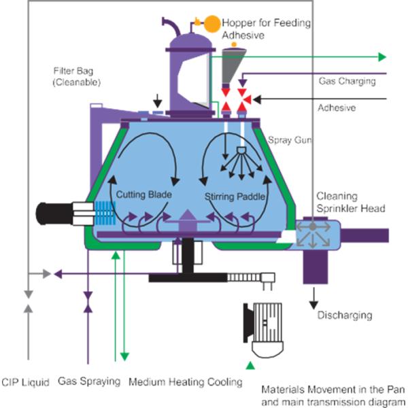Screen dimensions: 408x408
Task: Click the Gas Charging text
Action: pyautogui.click(x=347, y=82)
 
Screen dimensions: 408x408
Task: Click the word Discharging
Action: pyautogui.click(x=345, y=316)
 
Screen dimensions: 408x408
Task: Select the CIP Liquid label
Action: pyautogui.click(x=26, y=382)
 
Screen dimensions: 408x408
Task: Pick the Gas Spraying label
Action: pyautogui.click(x=88, y=382)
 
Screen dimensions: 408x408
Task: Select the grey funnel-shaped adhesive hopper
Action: pyautogui.click(x=235, y=65)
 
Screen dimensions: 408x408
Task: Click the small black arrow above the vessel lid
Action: pyautogui.click(x=158, y=99)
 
